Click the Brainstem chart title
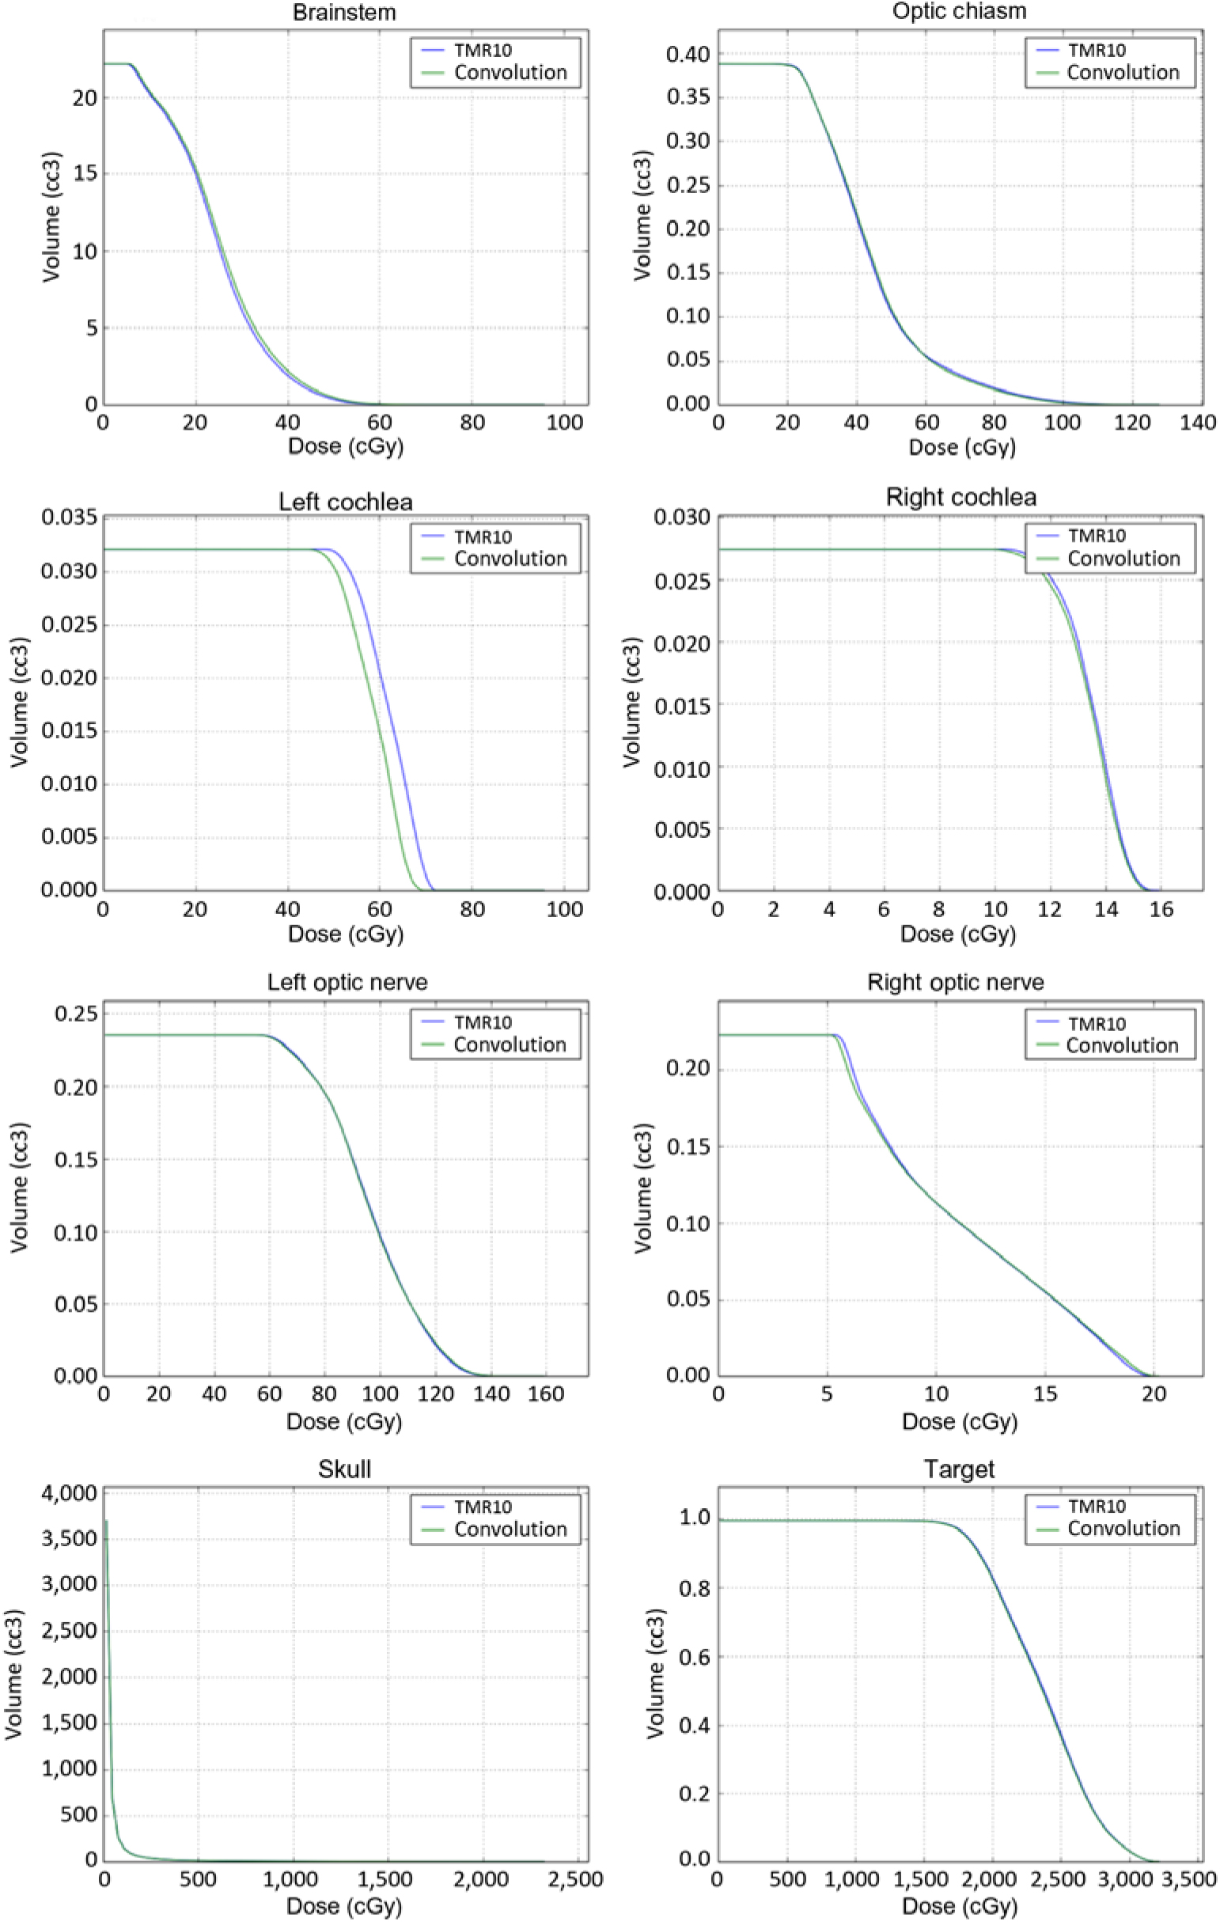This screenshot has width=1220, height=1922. tap(344, 12)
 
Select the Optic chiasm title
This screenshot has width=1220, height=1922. tap(959, 11)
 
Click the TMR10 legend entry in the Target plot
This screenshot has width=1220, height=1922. tap(1097, 1506)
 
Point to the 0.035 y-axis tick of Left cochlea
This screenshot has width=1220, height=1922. tap(70, 517)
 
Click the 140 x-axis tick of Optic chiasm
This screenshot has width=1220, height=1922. tap(1198, 423)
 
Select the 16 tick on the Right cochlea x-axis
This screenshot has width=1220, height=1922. tap(1161, 910)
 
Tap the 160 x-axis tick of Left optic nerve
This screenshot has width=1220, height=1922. tap(546, 1394)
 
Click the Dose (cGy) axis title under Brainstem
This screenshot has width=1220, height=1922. tap(346, 446)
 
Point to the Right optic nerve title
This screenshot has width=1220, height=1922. tap(955, 982)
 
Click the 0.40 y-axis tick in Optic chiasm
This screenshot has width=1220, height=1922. tap(688, 55)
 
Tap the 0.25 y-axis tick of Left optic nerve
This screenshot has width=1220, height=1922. tap(77, 1014)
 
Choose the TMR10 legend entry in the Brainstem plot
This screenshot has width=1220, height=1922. tap(483, 51)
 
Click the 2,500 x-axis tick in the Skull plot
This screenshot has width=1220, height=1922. tap(576, 1880)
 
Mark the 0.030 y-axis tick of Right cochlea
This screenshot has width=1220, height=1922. tap(682, 517)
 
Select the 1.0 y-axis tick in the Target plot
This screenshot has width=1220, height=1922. tap(695, 1517)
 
